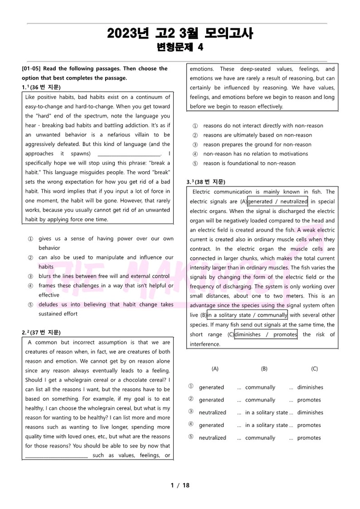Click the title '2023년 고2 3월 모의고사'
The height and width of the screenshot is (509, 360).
180,33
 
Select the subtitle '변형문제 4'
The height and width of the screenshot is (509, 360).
180,47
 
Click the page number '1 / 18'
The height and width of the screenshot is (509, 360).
180,485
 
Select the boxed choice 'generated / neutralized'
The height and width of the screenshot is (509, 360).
277,201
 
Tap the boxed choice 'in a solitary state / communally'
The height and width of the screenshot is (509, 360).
247,315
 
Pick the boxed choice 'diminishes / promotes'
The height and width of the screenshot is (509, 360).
266,334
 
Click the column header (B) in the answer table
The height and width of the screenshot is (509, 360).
264,369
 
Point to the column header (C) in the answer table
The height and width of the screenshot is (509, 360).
314,369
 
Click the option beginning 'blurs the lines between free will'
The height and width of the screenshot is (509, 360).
104,276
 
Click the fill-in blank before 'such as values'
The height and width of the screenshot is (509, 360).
57,455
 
